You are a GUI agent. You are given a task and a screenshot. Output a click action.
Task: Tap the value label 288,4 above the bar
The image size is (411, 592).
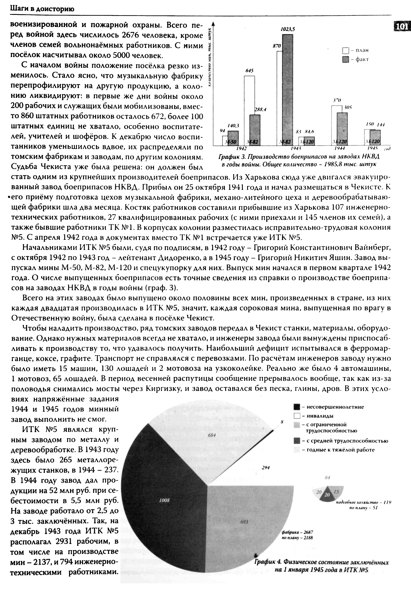[x=260, y=109]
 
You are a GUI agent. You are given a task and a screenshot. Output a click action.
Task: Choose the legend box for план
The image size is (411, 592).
[x=345, y=51]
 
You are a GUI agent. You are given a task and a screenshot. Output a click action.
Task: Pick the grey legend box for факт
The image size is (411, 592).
[x=345, y=59]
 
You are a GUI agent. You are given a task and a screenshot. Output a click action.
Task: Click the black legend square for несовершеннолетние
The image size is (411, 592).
[x=297, y=407]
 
